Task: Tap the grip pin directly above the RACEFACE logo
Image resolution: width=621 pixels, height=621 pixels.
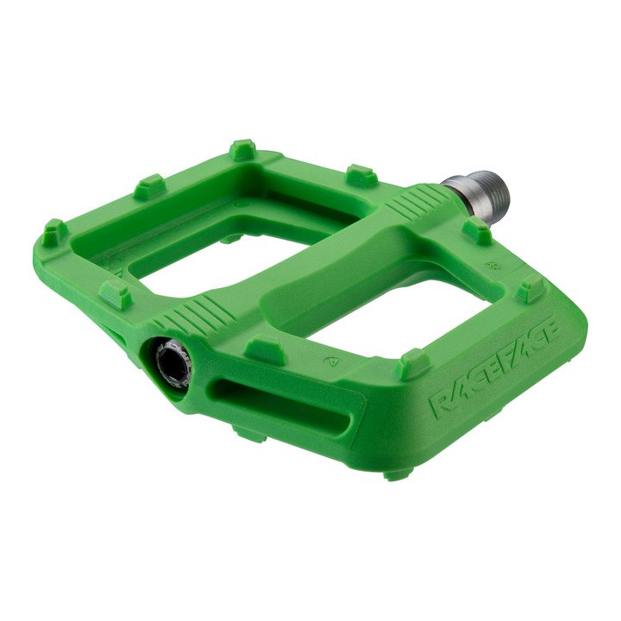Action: coord(416,362)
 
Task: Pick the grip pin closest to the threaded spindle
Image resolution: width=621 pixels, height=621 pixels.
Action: coord(477,230)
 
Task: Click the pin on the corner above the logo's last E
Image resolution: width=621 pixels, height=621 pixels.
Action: coord(530,290)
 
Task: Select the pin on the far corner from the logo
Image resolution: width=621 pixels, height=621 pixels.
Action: coord(54,231)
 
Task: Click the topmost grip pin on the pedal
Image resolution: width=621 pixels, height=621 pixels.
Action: coord(242,149)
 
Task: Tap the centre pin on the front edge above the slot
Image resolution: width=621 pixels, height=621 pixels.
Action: coord(264,349)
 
